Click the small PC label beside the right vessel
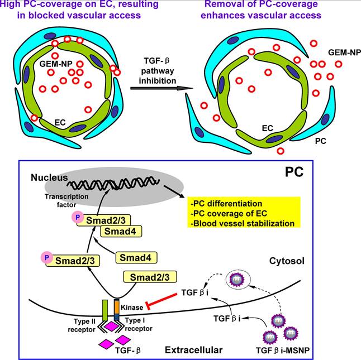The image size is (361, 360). [320, 141]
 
